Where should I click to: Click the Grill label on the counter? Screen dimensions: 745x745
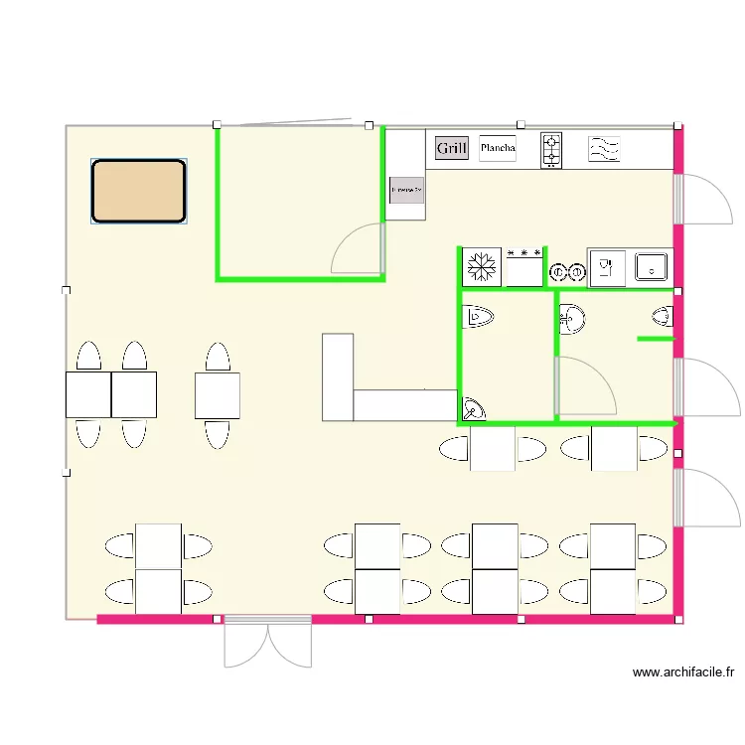(451, 149)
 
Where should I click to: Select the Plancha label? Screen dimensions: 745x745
(498, 149)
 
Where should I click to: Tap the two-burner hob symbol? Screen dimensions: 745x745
(551, 150)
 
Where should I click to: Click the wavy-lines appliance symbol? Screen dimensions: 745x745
(605, 150)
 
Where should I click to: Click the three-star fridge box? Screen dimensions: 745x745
(524, 267)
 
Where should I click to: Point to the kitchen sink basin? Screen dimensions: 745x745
(651, 266)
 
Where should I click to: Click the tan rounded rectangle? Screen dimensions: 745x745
(139, 191)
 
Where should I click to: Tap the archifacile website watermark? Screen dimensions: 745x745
(683, 672)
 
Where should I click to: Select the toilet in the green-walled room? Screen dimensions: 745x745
(479, 317)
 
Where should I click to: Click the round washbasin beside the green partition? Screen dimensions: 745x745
(571, 319)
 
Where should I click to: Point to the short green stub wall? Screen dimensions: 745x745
(656, 339)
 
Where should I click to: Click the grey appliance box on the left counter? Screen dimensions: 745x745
(406, 188)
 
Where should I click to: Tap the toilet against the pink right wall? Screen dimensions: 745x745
(664, 317)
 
